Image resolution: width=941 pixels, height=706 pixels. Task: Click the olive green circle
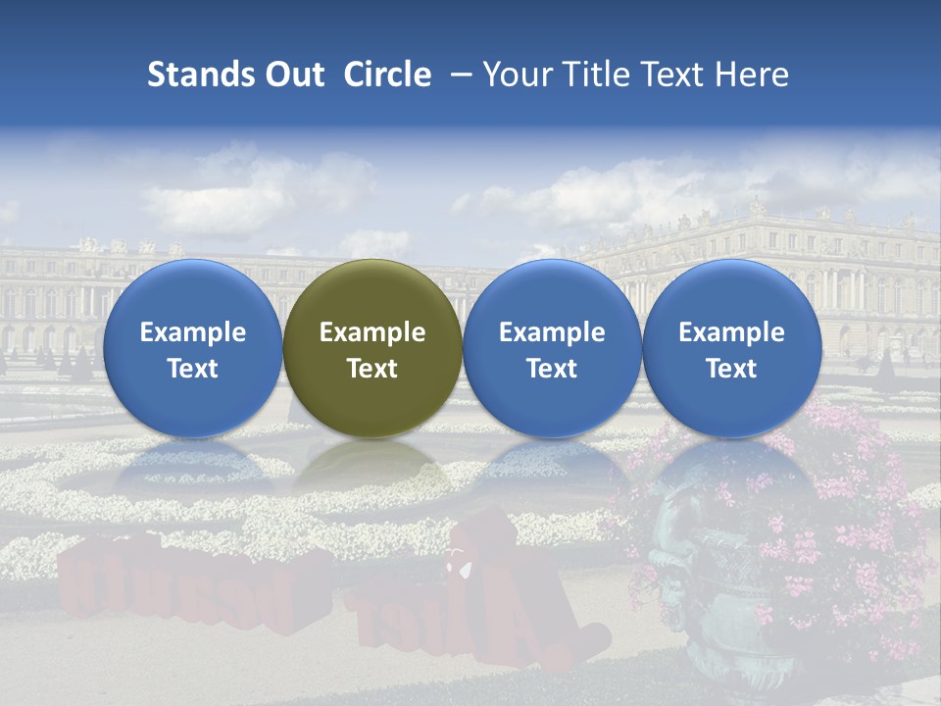tap(372, 348)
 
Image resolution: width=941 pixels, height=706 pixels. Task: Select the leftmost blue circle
tap(192, 348)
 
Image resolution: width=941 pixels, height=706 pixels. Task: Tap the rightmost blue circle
tap(731, 348)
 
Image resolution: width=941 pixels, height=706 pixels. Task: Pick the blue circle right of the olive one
tap(552, 348)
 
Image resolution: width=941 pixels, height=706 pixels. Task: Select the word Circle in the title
tap(387, 75)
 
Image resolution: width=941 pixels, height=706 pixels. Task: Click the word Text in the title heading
tap(676, 75)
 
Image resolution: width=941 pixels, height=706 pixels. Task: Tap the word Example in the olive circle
tap(372, 332)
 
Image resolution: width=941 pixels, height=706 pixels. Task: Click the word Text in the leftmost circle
tap(192, 369)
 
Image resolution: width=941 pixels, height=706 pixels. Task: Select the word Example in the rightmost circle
tap(731, 332)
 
